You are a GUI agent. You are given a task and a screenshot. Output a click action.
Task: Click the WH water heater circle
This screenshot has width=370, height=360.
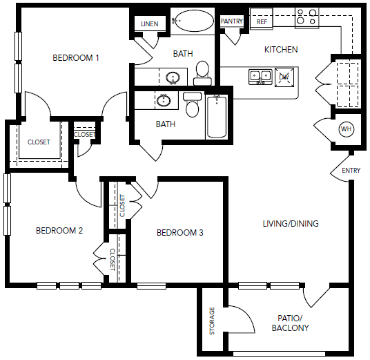346,129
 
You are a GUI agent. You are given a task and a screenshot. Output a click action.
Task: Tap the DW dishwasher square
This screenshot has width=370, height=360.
284,77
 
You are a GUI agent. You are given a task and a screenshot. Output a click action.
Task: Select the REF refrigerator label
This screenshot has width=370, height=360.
262,22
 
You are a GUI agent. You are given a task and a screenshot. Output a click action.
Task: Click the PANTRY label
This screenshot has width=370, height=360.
231,21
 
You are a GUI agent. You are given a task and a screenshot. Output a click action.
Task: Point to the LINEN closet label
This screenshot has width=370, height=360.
150,24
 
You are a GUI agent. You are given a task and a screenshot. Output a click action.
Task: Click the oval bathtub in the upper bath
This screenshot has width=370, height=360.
193,21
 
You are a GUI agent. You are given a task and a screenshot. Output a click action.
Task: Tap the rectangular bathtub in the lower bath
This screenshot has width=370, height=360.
217,117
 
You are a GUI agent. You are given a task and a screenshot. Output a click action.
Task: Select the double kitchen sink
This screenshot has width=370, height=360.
260,77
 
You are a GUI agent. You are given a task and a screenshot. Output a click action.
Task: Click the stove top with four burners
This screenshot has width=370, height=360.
306,18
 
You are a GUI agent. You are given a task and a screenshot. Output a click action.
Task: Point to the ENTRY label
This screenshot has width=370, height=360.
351,170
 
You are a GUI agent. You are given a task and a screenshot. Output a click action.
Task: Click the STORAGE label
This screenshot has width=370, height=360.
212,321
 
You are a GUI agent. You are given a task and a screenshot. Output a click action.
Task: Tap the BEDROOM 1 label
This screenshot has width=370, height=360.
76,58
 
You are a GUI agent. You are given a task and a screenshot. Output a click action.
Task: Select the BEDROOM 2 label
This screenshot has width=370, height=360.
59,231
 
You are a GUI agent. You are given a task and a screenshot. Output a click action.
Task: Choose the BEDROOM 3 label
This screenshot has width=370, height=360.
180,233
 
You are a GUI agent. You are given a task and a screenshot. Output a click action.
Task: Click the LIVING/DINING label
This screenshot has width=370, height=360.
291,223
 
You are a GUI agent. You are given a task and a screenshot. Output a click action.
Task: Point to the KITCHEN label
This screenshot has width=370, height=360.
281,50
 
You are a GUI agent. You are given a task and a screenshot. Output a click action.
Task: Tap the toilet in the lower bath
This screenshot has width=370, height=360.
193,104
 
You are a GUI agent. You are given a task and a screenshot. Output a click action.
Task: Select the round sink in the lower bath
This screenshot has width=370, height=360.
164,100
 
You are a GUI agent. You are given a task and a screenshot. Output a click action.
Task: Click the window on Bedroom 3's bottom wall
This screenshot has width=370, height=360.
151,286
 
